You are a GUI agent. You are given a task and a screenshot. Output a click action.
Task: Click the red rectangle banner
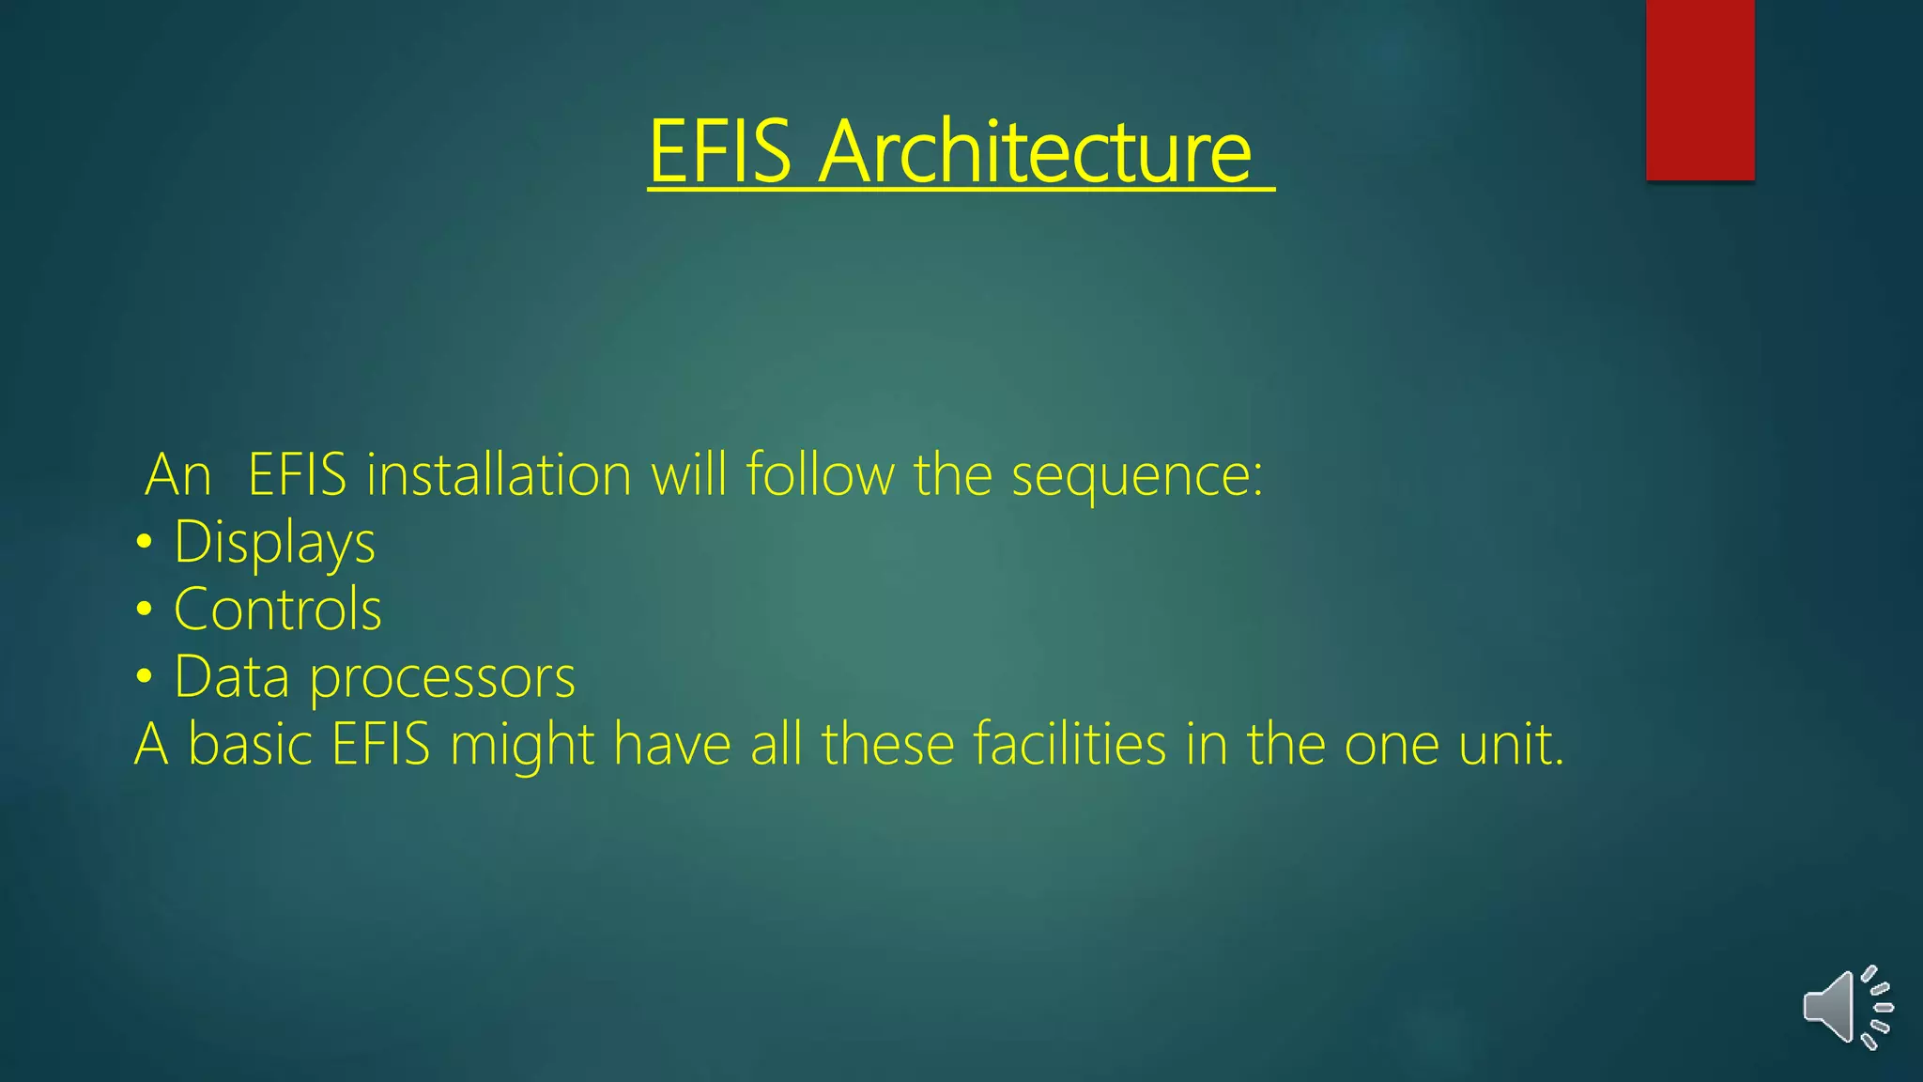(x=1700, y=90)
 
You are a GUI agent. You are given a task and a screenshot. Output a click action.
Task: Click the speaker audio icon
(x=1846, y=1008)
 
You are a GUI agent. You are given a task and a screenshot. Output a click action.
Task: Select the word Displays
(x=274, y=543)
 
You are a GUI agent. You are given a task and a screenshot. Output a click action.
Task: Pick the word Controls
(x=278, y=610)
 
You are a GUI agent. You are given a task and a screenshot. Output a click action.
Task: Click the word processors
(x=442, y=677)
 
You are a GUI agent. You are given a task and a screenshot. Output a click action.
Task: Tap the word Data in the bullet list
(x=232, y=677)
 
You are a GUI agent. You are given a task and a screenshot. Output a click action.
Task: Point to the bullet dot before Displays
(x=144, y=543)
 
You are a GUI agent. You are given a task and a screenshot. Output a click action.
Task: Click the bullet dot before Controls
(x=144, y=610)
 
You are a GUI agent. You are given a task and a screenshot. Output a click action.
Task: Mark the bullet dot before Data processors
(x=144, y=677)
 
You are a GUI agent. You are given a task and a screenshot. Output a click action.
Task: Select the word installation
(x=499, y=474)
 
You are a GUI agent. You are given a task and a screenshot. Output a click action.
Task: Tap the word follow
(x=820, y=474)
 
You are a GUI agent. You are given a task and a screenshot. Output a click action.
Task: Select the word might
(x=522, y=746)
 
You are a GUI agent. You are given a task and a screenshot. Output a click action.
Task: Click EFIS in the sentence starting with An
(x=297, y=474)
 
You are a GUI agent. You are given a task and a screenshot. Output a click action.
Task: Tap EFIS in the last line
(x=380, y=744)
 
